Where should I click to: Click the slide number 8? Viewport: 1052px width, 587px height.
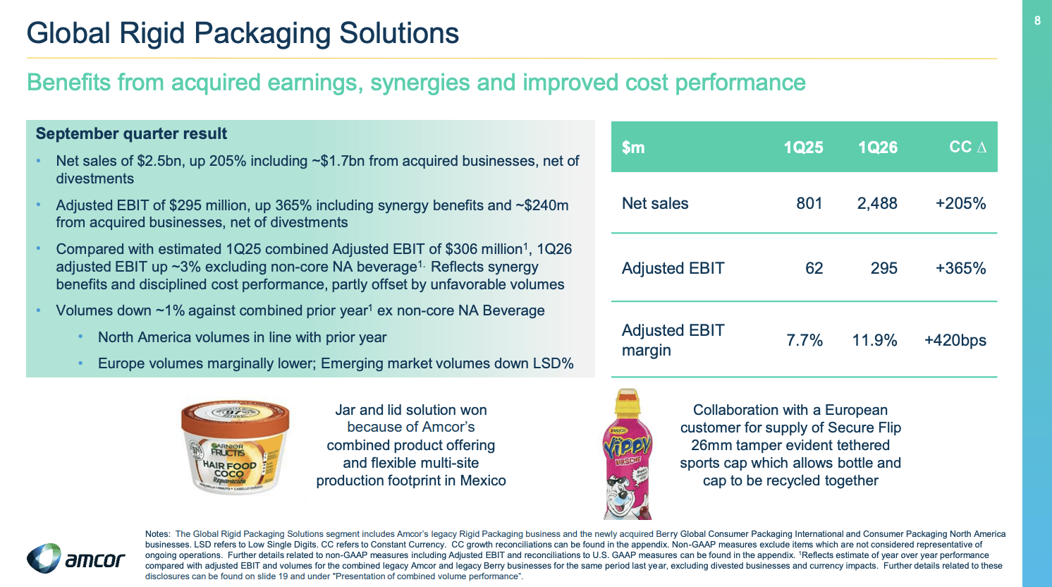tap(1037, 21)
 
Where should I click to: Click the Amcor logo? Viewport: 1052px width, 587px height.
tap(76, 559)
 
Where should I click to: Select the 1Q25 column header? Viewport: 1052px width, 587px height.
tap(803, 147)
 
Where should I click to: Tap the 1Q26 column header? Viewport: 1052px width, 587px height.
tap(877, 147)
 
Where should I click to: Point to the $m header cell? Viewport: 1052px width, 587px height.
tap(633, 147)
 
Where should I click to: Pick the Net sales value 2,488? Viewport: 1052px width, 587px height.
tap(877, 203)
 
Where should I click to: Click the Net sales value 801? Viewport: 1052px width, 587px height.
tap(809, 203)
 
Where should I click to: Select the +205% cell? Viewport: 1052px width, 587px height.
tap(960, 203)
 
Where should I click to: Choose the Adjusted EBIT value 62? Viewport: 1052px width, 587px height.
tap(814, 268)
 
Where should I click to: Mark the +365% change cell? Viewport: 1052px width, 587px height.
tap(960, 268)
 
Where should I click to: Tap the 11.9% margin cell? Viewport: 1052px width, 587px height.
tap(874, 340)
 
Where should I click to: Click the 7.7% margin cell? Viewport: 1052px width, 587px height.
tap(805, 340)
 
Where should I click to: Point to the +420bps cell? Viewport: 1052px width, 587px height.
tap(955, 340)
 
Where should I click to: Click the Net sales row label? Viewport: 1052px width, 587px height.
tap(655, 203)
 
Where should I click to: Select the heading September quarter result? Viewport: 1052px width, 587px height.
tap(131, 134)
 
